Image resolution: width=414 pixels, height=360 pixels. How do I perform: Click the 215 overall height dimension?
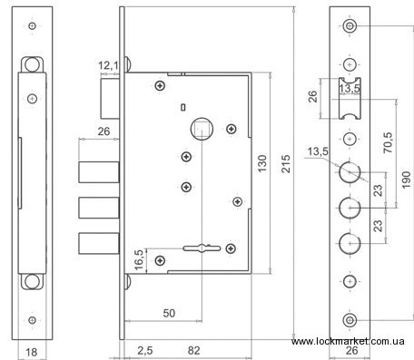point(286,164)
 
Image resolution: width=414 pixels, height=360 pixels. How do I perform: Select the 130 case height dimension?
point(261,163)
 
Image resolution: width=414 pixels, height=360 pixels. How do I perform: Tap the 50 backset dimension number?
point(169,313)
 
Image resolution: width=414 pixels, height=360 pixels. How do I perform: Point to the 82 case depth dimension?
point(194,351)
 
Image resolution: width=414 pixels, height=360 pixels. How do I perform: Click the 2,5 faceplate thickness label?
point(145,351)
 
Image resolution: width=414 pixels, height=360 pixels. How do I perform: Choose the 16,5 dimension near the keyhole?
point(139,260)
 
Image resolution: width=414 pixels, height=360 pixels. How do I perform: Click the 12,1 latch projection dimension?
point(108,65)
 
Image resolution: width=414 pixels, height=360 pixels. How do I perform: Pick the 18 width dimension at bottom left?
point(31,352)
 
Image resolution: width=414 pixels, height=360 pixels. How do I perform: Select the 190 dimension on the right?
point(406,180)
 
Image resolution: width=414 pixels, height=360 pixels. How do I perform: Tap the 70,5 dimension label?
point(388,142)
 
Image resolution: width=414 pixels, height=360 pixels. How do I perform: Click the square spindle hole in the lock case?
point(202,129)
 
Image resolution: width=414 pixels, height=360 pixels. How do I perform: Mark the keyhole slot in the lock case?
point(202,248)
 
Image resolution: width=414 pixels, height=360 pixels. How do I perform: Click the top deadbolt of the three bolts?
point(99,172)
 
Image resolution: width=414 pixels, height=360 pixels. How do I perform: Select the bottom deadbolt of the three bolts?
point(99,243)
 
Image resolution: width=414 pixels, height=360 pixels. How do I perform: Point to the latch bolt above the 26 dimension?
point(110,99)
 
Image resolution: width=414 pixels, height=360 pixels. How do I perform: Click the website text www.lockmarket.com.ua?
point(348,341)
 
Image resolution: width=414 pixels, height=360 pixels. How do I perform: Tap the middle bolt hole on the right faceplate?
point(350,208)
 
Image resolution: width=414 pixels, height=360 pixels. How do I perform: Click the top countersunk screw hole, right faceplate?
point(350,26)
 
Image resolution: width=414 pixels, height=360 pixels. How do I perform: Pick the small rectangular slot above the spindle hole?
point(182,107)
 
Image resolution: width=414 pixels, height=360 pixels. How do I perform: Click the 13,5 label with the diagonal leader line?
point(318,151)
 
